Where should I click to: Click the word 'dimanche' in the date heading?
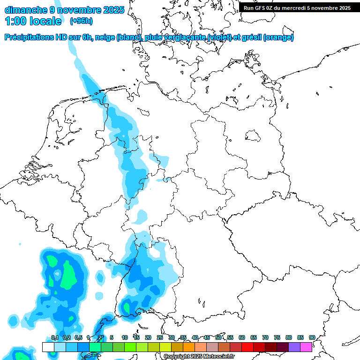tap(25, 9)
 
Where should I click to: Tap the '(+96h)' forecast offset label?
tap(81, 21)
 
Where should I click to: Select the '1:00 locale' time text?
tap(33, 21)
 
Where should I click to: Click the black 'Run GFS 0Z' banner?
tap(297, 7)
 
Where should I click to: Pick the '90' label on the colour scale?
tap(312, 337)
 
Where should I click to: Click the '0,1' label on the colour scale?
tap(54, 337)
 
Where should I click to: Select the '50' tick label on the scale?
tap(218, 337)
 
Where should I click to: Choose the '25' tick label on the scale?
tap(160, 337)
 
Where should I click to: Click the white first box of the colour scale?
tap(48, 347)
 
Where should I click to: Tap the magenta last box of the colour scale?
tap(306, 347)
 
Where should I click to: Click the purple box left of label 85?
tap(294, 347)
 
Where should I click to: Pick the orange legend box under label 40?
tap(189, 347)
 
